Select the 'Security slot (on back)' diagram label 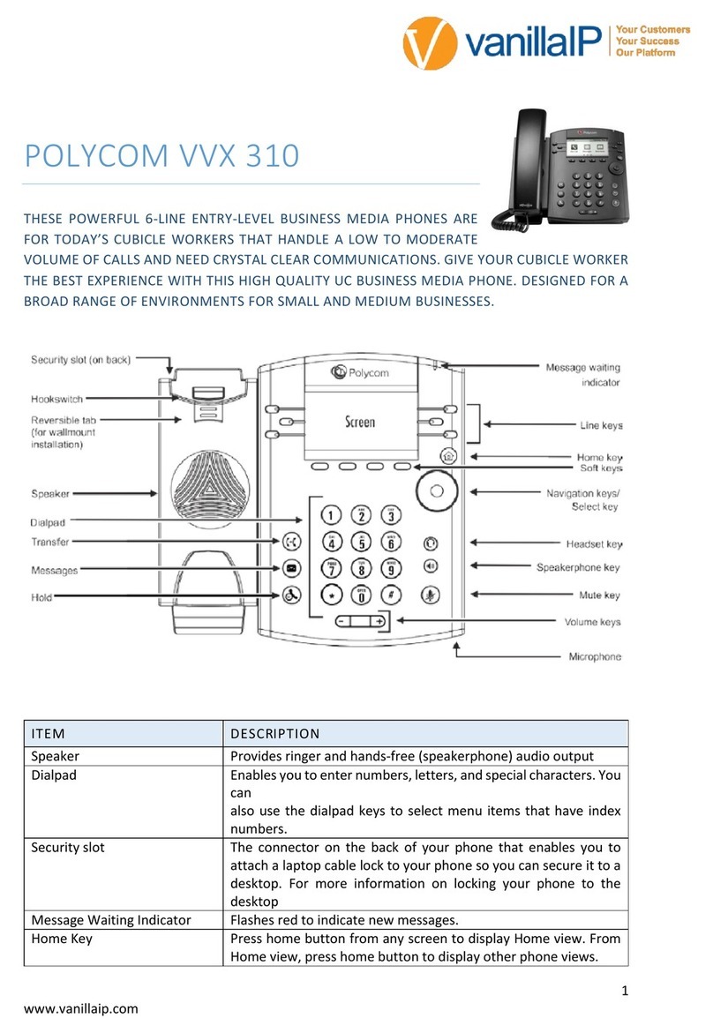pyautogui.click(x=81, y=360)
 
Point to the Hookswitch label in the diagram pyautogui.click(x=57, y=398)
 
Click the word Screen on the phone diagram pyautogui.click(x=359, y=422)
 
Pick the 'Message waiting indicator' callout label pyautogui.click(x=583, y=375)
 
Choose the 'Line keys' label pyautogui.click(x=600, y=425)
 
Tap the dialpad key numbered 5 pyautogui.click(x=359, y=543)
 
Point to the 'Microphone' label pyautogui.click(x=593, y=656)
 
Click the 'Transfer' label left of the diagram pyautogui.click(x=50, y=542)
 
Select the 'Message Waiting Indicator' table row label pyautogui.click(x=110, y=919)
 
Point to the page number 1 pyautogui.click(x=624, y=991)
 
